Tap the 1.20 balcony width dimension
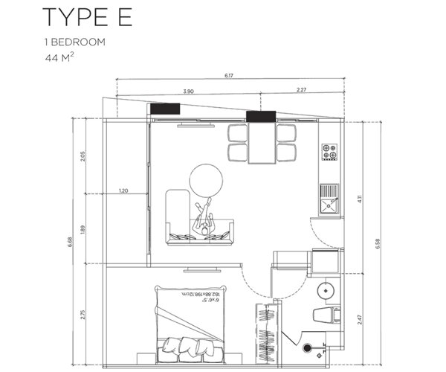(x=124, y=191)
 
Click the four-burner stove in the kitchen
(x=329, y=153)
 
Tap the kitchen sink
(x=329, y=197)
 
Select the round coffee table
(x=207, y=180)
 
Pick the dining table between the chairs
(x=261, y=144)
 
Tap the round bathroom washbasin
(x=326, y=289)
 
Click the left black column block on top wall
(x=165, y=109)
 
